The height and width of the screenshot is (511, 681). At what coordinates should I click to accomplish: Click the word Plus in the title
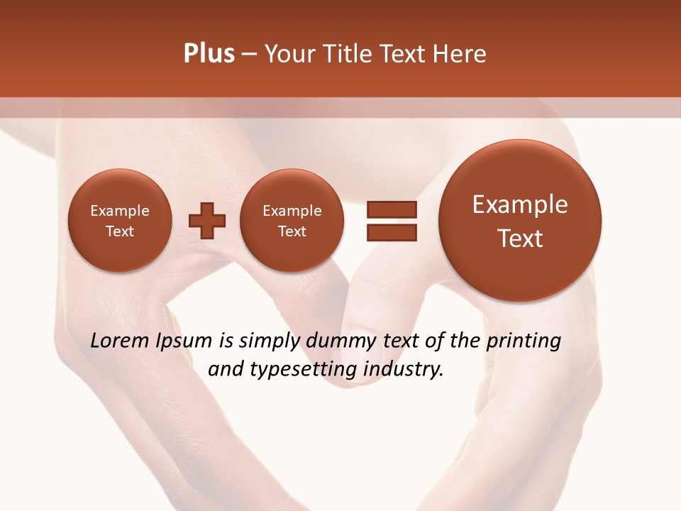coord(209,54)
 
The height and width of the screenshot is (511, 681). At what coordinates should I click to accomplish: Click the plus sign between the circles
coord(206,221)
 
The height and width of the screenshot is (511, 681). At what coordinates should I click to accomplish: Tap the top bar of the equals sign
coord(391,209)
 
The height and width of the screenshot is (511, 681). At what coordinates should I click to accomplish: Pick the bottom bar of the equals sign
coord(391,232)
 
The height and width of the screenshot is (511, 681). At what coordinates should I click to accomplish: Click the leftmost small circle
coord(119,221)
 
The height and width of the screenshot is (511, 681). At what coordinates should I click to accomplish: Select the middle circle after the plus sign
coord(292,221)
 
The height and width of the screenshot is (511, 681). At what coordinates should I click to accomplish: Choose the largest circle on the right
coord(520,221)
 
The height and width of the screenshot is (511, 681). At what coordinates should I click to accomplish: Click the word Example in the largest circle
coord(520,204)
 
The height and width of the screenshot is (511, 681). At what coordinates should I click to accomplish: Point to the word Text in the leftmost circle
coord(119,231)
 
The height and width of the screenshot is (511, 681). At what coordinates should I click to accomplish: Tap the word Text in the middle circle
coord(292,231)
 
